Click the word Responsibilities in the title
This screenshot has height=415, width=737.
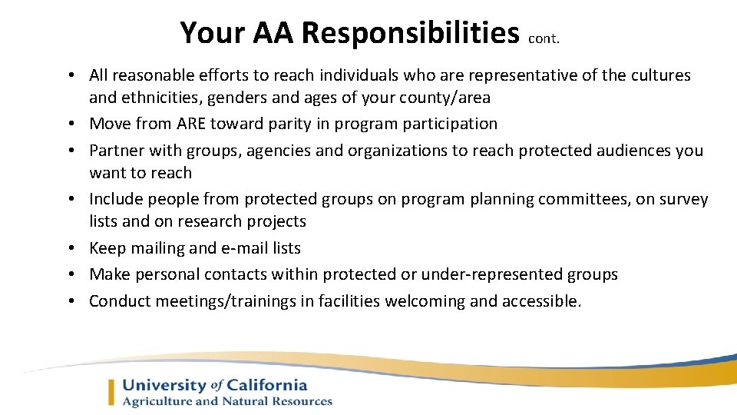point(410,33)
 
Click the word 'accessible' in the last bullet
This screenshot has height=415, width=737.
point(540,301)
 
